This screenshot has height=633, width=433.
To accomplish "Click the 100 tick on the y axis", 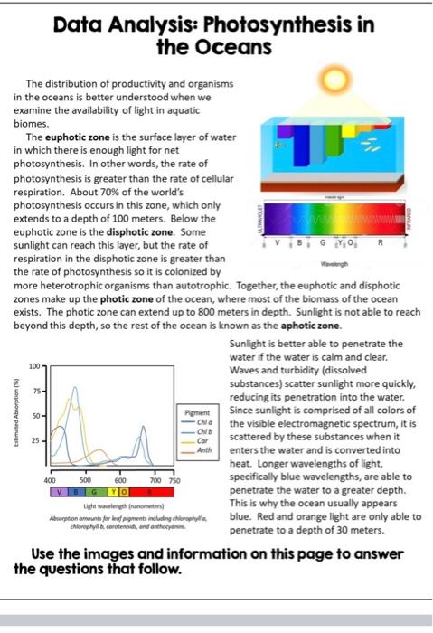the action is pos(34,366).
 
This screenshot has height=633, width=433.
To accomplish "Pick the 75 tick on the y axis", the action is pos(36,392).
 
